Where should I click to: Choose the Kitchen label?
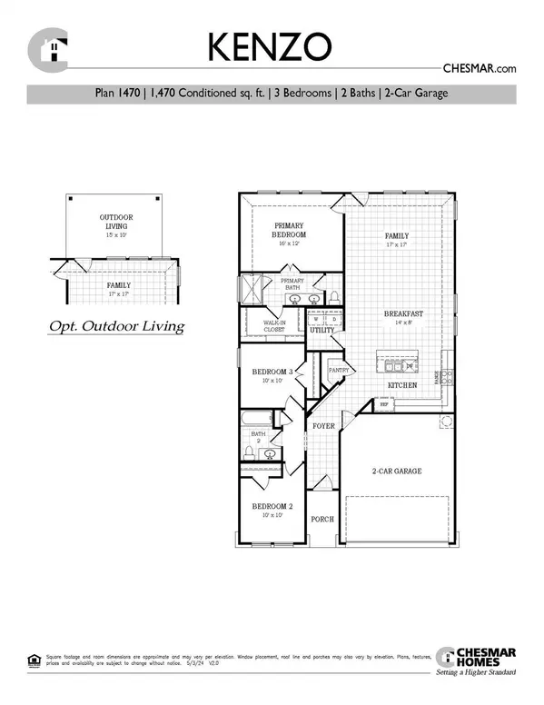coord(403,386)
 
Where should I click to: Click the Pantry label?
coord(339,371)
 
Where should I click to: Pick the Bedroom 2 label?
coord(273,506)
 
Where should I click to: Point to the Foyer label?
coord(324,425)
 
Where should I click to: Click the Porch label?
coord(322,520)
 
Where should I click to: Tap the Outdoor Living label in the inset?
coord(114,222)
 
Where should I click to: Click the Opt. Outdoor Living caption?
coord(114,325)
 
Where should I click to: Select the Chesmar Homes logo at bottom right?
coord(476,661)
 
